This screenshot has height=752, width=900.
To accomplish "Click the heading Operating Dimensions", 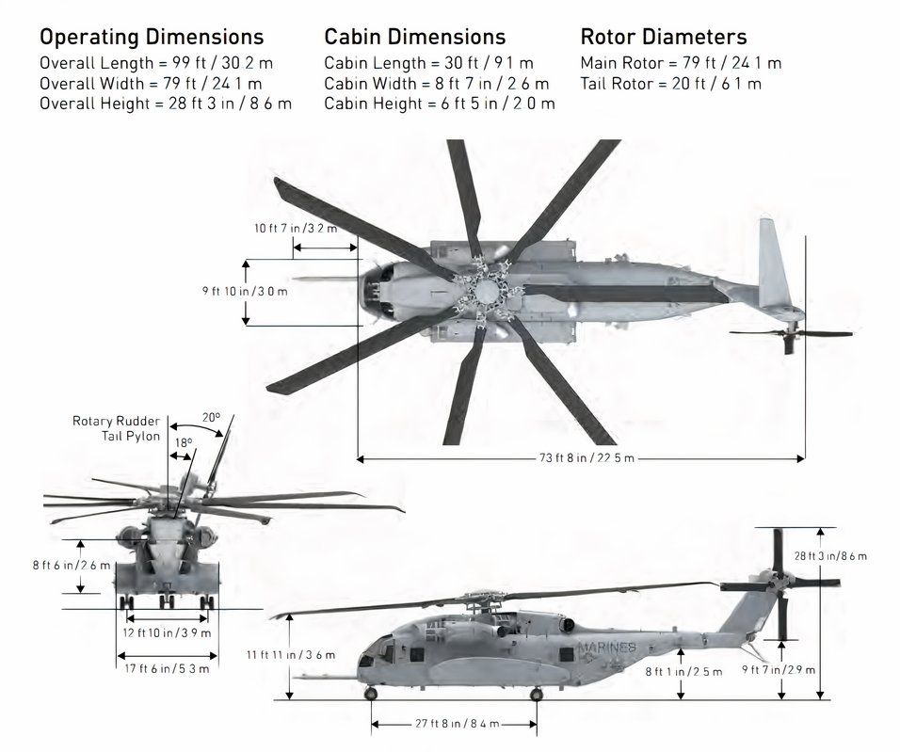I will click(152, 38).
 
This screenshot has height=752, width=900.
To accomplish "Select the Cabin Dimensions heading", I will click(415, 38).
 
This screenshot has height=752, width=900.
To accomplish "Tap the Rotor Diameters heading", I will click(664, 38).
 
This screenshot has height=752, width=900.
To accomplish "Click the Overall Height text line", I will click(166, 104).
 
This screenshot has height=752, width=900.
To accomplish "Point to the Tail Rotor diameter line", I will click(671, 84).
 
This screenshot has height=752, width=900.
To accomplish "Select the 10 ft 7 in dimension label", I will click(296, 229).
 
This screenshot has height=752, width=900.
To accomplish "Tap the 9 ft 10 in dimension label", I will click(245, 292).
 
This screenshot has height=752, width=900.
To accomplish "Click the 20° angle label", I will click(211, 418).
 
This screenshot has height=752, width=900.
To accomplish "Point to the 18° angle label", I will click(183, 441).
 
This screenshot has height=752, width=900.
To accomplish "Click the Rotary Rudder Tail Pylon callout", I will click(116, 428).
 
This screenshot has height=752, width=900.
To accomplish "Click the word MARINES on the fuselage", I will click(608, 648).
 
